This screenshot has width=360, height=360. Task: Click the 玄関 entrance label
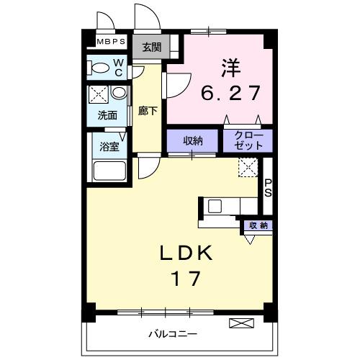pyautogui.click(x=152, y=48)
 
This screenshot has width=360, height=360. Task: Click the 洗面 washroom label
pyautogui.click(x=107, y=114)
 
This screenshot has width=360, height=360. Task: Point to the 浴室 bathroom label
pyautogui.click(x=109, y=147)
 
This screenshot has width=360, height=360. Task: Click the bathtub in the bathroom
pyautogui.click(x=109, y=172)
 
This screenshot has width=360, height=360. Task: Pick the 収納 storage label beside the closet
pyautogui.click(x=192, y=140)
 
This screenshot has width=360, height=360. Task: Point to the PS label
pyautogui.click(x=268, y=188)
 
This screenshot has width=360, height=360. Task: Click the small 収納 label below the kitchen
pyautogui.click(x=258, y=225)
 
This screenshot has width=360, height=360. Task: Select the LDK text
pyautogui.click(x=186, y=253)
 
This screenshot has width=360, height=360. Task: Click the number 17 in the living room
pyautogui.click(x=185, y=278)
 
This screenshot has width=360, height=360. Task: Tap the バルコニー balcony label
pyautogui.click(x=174, y=333)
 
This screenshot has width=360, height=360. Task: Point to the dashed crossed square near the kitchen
pyautogui.click(x=248, y=168)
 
